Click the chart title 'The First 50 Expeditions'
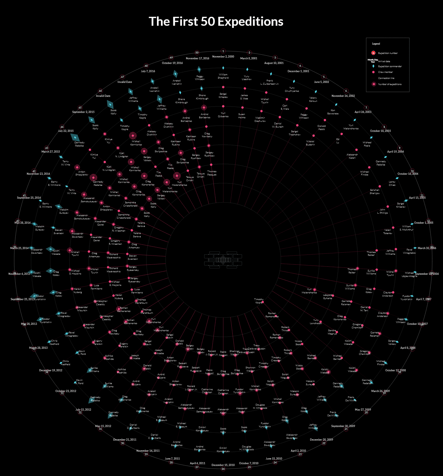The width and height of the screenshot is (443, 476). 216,21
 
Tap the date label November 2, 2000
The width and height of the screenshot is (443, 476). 223,56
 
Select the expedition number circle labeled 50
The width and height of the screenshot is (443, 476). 197,53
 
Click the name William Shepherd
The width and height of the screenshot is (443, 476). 223,76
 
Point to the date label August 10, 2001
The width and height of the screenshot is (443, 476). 274,63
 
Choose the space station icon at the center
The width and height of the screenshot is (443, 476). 223,259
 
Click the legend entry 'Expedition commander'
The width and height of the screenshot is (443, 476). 390,66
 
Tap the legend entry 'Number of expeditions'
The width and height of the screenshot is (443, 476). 390,84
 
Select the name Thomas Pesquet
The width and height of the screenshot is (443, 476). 212,173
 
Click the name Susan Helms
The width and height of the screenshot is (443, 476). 242,116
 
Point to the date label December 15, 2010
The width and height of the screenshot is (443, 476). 223,465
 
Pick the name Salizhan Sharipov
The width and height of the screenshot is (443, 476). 375,192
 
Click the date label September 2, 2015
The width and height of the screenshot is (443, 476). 83,112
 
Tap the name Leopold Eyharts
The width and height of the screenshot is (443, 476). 328,297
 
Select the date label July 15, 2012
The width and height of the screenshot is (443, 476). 83,410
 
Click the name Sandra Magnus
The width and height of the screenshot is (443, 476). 332,332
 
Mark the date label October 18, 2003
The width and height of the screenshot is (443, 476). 380,131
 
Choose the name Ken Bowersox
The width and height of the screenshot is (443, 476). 333,112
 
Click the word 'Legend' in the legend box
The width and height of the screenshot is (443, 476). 376,44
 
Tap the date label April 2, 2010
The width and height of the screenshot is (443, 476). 298,451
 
